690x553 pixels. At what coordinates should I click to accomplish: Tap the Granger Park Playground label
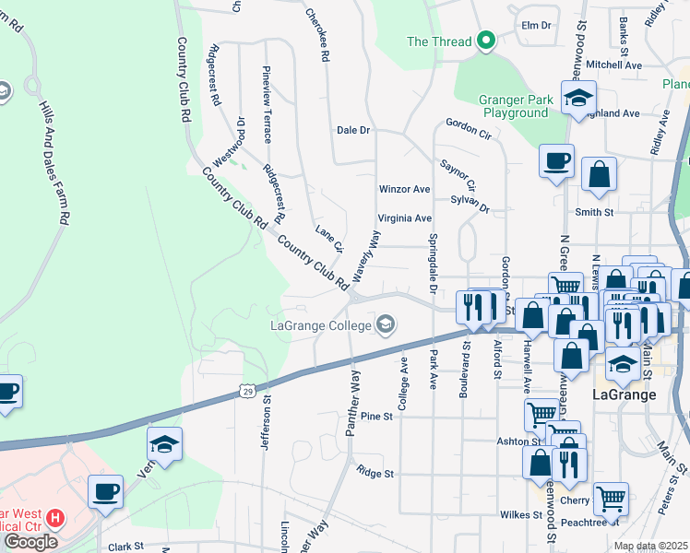(514, 106)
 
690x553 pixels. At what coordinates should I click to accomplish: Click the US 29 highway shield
(247, 392)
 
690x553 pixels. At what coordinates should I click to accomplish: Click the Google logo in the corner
(30, 542)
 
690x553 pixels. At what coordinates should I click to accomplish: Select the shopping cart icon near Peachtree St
(610, 499)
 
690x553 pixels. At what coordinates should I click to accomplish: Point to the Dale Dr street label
(352, 131)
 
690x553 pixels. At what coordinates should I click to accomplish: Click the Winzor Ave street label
(404, 189)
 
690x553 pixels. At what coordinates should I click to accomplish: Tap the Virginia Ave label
(404, 218)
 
